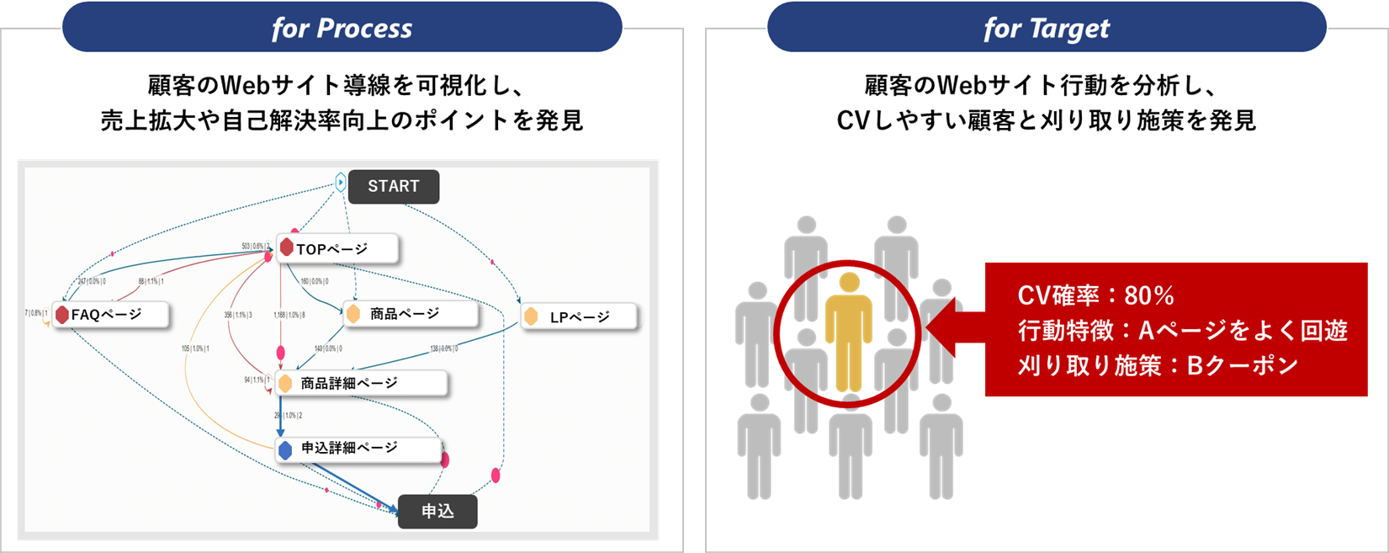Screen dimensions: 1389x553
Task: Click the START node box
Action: (393, 187)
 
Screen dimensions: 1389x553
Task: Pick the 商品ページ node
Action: (404, 314)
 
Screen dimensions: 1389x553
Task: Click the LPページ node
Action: (579, 317)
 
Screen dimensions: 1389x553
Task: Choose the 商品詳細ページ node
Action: (349, 383)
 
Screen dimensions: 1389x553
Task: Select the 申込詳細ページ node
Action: (349, 449)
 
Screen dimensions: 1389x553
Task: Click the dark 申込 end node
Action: (437, 511)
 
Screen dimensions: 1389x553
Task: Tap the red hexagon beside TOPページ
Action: (287, 247)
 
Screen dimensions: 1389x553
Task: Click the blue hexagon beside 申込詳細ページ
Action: (285, 449)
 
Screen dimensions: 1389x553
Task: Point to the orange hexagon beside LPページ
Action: (531, 316)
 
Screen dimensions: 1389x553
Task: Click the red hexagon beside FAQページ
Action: (61, 315)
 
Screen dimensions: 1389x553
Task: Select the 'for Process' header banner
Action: (342, 29)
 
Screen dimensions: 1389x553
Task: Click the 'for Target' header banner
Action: (1047, 29)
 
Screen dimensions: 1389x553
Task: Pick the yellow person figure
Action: (849, 332)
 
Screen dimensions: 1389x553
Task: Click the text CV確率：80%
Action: (1095, 295)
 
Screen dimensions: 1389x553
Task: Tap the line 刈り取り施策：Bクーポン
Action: (1158, 365)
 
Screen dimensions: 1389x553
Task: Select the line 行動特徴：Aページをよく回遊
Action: (1183, 331)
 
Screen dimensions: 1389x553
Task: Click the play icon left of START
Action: (340, 182)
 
